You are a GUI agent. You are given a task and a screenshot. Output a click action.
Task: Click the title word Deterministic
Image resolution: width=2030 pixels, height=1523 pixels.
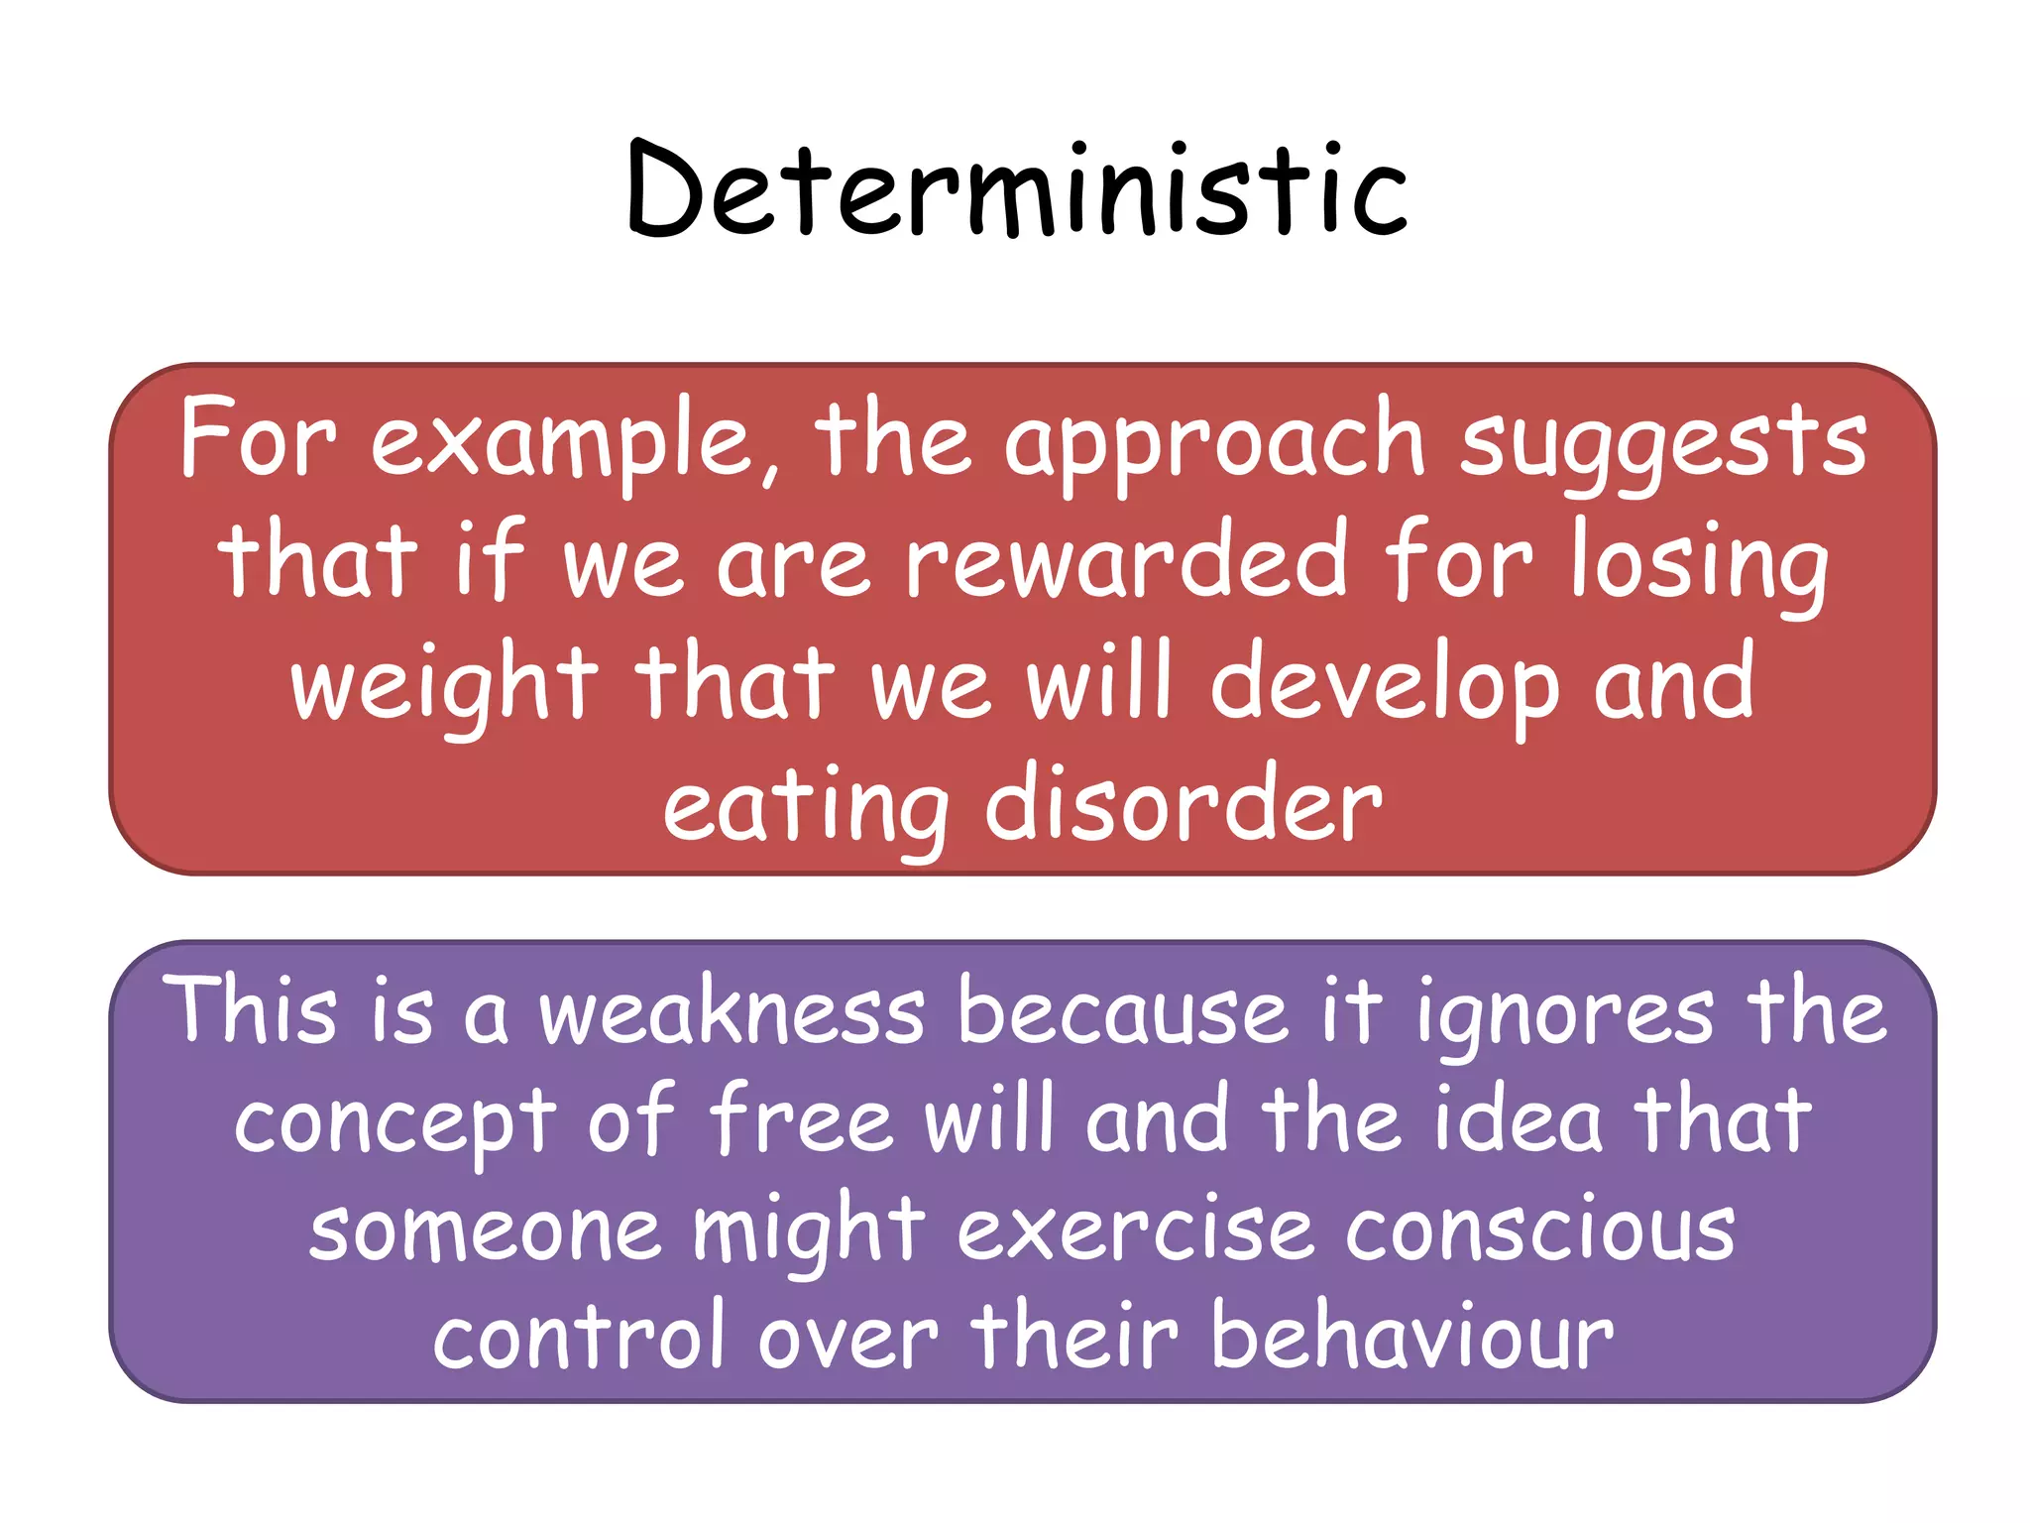[x=1017, y=190]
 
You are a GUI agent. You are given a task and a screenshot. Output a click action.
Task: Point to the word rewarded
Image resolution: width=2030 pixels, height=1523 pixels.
[x=1126, y=562]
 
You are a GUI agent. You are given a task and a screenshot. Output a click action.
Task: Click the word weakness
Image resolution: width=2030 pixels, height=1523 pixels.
[x=732, y=1011]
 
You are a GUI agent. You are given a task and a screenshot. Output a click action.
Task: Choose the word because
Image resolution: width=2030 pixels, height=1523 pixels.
[x=1123, y=1011]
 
